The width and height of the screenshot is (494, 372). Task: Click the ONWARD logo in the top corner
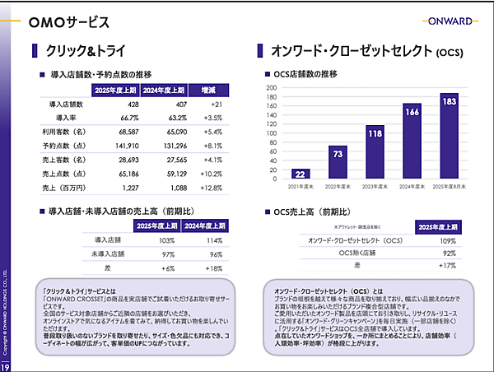(445, 21)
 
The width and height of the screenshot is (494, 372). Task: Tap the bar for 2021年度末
(301, 174)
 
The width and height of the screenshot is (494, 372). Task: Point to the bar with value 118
(375, 152)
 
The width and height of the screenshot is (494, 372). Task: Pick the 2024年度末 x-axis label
(412, 187)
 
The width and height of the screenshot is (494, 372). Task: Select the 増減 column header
(207, 90)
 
